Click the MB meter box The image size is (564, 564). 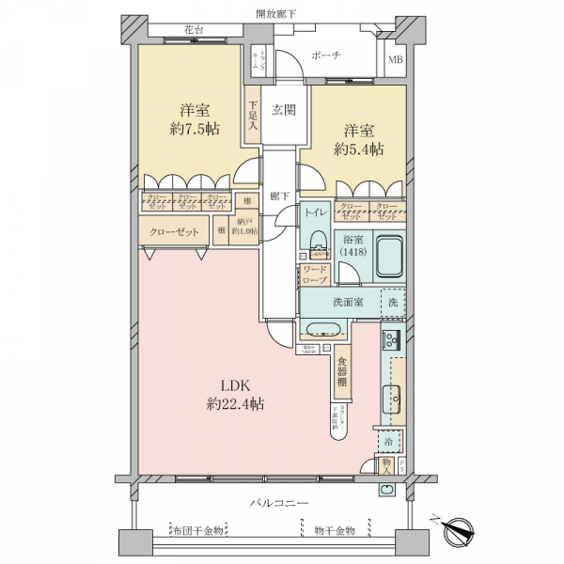pyautogui.click(x=397, y=63)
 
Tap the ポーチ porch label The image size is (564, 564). pyautogui.click(x=324, y=55)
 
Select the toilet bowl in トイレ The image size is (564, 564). pyautogui.click(x=316, y=237)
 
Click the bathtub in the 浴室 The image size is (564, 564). pyautogui.click(x=388, y=254)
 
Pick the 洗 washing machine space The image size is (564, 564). pyautogui.click(x=394, y=303)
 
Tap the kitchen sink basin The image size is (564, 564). pyautogui.click(x=391, y=398)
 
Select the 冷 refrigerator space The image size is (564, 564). pyautogui.click(x=389, y=440)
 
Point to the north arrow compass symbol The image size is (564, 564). pyautogui.click(x=460, y=527)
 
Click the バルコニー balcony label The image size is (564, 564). pyautogui.click(x=278, y=504)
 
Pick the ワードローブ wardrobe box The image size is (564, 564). pyautogui.click(x=314, y=274)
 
